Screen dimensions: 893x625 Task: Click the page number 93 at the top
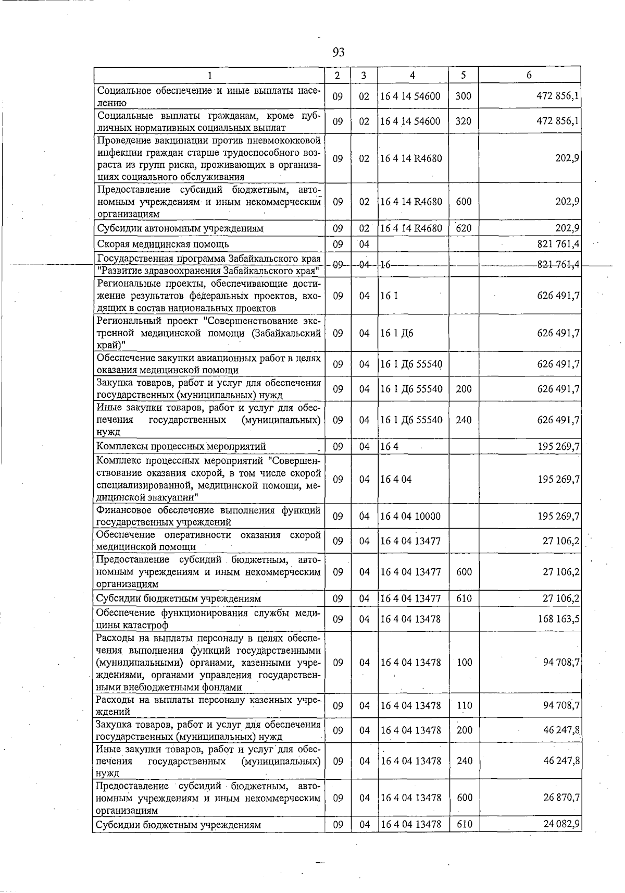tap(339, 52)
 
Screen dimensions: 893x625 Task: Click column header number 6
tap(529, 75)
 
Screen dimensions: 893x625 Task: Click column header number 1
tap(209, 75)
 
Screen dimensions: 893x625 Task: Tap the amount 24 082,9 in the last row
tap(561, 824)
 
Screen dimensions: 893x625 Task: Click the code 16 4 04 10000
tap(410, 516)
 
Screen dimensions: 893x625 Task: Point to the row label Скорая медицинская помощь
tap(163, 244)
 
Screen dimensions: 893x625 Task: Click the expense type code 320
tap(463, 121)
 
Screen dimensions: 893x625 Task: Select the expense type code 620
tap(463, 228)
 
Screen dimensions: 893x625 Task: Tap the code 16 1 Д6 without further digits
tap(397, 333)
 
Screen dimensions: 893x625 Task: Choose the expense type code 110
tap(464, 705)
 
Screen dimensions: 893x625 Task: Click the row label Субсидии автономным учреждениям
tap(180, 228)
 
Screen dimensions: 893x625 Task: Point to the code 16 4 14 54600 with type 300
tap(410, 96)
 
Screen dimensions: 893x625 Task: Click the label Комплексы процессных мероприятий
tap(181, 446)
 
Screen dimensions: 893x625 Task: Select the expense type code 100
tap(464, 662)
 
